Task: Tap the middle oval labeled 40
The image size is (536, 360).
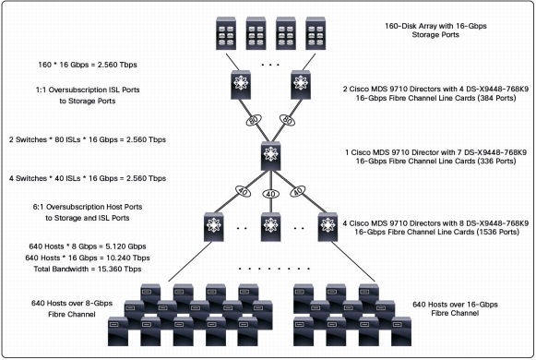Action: click(268, 195)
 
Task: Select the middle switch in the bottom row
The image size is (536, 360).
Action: click(268, 225)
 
